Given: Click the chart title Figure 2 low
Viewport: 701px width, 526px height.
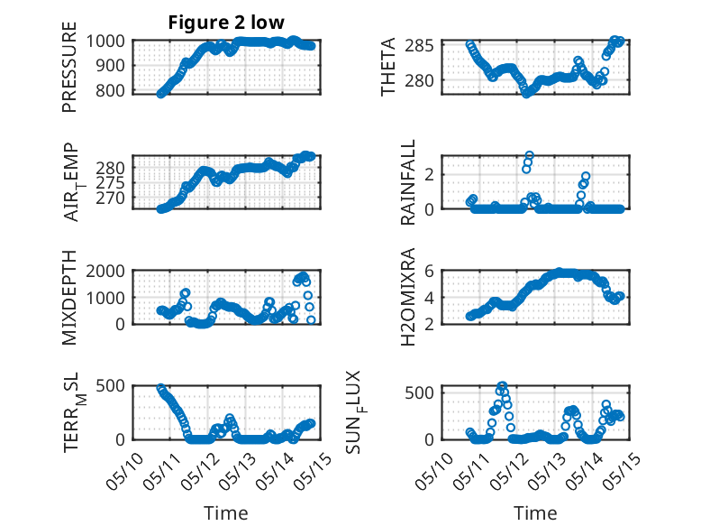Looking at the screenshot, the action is pyautogui.click(x=226, y=23).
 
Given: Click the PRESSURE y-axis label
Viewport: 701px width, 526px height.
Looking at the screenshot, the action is pyautogui.click(x=69, y=67).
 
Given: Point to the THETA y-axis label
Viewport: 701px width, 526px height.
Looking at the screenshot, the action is pyautogui.click(x=388, y=67).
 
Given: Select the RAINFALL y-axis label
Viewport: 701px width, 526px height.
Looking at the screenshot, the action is pyautogui.click(x=408, y=182).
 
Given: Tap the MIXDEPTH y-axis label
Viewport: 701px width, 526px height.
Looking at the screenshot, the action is pyautogui.click(x=69, y=298).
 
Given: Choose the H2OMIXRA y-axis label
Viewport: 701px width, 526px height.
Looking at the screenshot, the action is pyautogui.click(x=408, y=297).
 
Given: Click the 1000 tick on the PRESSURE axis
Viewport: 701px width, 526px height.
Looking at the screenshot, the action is pyautogui.click(x=105, y=42).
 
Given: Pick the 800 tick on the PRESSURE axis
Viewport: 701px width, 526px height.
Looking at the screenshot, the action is pyautogui.click(x=110, y=90).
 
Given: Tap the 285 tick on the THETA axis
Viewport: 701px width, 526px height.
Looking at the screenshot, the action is pyautogui.click(x=419, y=46).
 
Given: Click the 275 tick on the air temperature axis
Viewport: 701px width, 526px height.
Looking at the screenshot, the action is pyautogui.click(x=110, y=182).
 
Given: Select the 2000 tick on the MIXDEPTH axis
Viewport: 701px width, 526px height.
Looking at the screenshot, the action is pyautogui.click(x=105, y=271).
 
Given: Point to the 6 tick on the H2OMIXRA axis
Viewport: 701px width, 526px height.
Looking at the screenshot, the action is pyautogui.click(x=429, y=271).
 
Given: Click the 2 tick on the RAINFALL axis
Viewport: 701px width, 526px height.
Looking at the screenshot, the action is pyautogui.click(x=429, y=174).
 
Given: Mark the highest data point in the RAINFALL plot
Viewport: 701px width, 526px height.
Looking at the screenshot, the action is pyautogui.click(x=529, y=155).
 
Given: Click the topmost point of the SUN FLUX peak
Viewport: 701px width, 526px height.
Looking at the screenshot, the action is pyautogui.click(x=503, y=385).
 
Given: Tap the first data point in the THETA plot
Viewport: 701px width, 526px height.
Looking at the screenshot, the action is pyautogui.click(x=469, y=44).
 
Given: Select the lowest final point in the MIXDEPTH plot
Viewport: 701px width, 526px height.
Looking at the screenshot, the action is pyautogui.click(x=311, y=320).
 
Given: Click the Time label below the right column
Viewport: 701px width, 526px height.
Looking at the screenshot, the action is pyautogui.click(x=535, y=512).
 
